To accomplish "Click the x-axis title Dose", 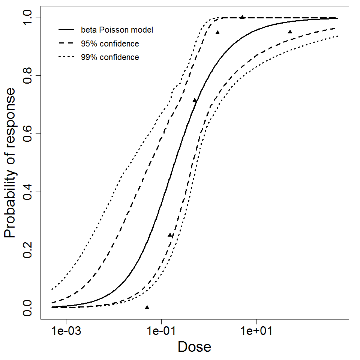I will click(194, 347).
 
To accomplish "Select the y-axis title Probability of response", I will click(11, 163).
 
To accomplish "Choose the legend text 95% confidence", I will click(109, 44).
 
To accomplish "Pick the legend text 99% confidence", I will click(109, 57).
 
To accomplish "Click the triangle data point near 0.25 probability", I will click(170, 235).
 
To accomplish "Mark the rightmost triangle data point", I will click(290, 32).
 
